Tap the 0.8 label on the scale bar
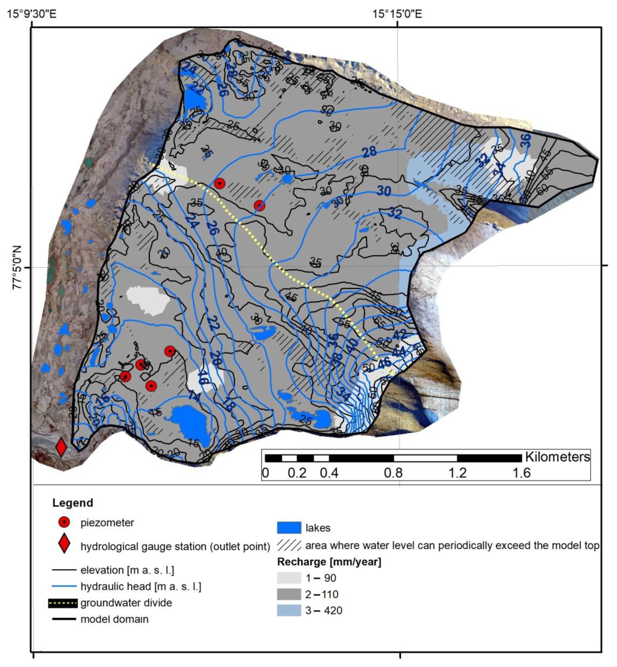[393, 473]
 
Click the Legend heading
[72, 503]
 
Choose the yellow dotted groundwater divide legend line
[64, 603]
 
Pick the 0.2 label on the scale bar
[297, 473]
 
